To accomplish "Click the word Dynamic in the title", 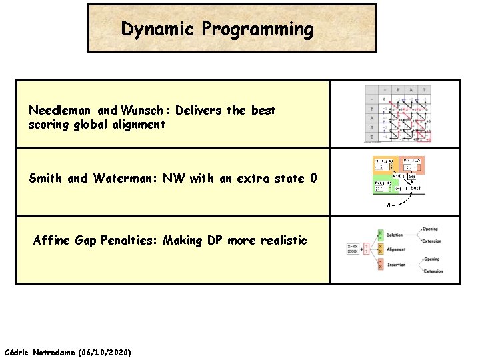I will point(158,29).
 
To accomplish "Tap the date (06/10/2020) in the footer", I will point(105,351).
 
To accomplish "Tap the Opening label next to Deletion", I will point(431,229).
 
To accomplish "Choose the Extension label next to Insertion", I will point(433,271).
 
